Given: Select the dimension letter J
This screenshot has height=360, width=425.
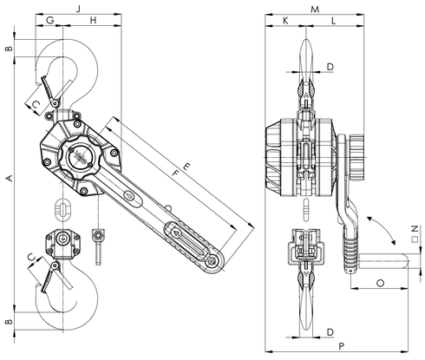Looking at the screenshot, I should tap(78, 8).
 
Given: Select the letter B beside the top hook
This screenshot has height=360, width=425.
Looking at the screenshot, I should tap(9, 50).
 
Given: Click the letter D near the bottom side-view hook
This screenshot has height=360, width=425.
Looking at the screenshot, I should tap(330, 333).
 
